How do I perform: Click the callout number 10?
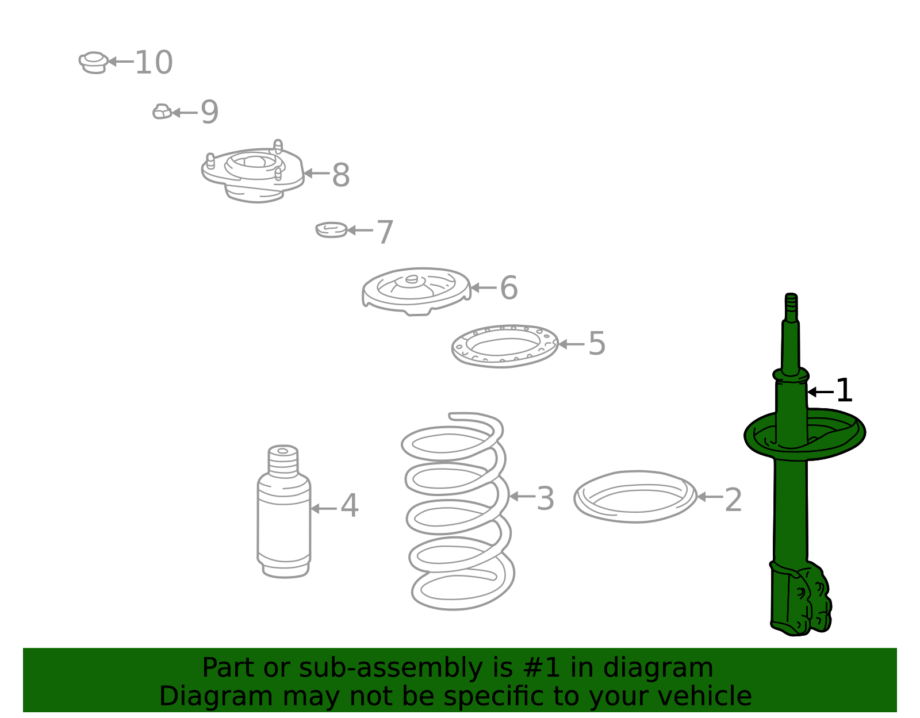pyautogui.click(x=154, y=63)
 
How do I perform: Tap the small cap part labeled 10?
pyautogui.click(x=94, y=63)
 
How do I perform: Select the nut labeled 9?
pyautogui.click(x=162, y=112)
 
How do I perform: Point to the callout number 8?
pyautogui.click(x=341, y=175)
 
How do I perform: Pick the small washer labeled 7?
pyautogui.click(x=332, y=230)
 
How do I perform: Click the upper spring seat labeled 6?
pyautogui.click(x=417, y=291)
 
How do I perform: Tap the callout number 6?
pyautogui.click(x=508, y=287)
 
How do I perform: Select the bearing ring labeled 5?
pyautogui.click(x=505, y=347)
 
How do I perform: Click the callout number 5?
pyautogui.click(x=597, y=344)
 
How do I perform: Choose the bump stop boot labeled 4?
pyautogui.click(x=283, y=512)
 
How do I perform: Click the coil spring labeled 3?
pyautogui.click(x=457, y=512)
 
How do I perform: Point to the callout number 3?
pyautogui.click(x=545, y=499)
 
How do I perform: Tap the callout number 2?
pyautogui.click(x=733, y=500)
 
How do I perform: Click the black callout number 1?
pyautogui.click(x=844, y=390)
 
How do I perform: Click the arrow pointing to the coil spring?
pyautogui.click(x=523, y=497)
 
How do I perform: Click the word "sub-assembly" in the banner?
pyautogui.click(x=391, y=667)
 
